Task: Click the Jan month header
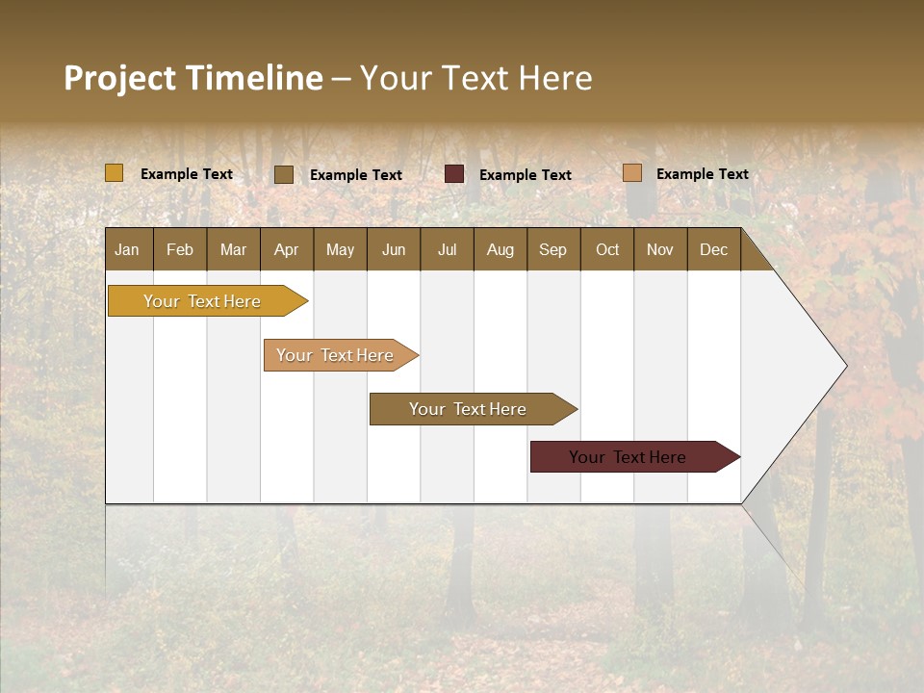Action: [x=128, y=249]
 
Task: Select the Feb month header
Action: [x=180, y=249]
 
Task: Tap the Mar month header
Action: [x=233, y=249]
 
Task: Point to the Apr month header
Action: [x=287, y=249]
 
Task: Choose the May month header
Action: [x=340, y=249]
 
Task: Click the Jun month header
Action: [x=394, y=249]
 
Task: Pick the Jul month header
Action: [x=447, y=249]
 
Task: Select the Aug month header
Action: [x=500, y=249]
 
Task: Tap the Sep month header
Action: [x=553, y=249]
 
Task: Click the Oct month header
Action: [x=607, y=249]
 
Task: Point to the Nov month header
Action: [x=660, y=249]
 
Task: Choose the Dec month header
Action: [x=714, y=249]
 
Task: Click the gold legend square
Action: [x=115, y=173]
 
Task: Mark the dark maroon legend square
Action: [x=454, y=174]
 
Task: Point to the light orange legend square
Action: [x=631, y=173]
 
